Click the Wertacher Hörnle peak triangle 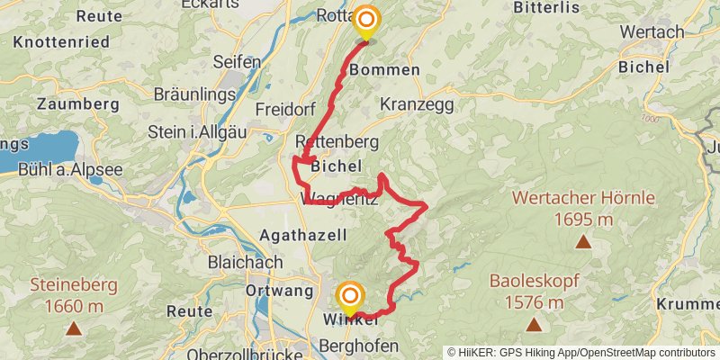click(583, 241)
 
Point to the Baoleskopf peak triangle click(534, 323)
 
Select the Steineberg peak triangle click(73, 328)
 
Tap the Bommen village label click(384, 69)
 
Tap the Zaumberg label click(78, 103)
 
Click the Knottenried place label click(61, 42)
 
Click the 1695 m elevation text click(583, 219)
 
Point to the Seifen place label click(237, 62)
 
